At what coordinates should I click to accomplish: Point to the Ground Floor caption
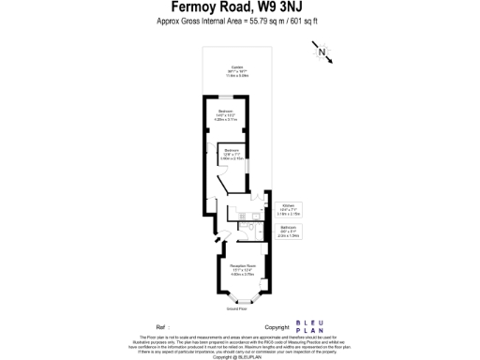tap(237, 308)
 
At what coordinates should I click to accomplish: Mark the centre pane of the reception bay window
tap(238, 301)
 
